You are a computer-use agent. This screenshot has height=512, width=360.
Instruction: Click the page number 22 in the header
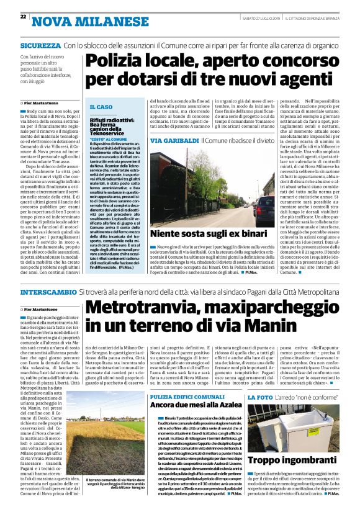click(23, 16)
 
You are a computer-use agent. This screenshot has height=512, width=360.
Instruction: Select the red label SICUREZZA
click(40, 46)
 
